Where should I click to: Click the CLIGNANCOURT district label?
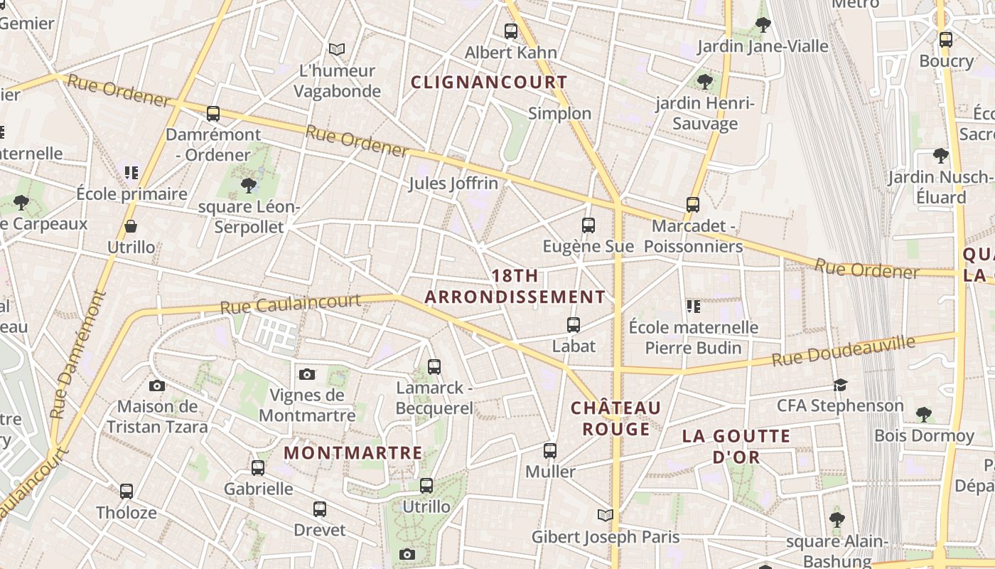[x=489, y=83]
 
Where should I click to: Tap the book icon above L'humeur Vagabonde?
[x=337, y=49]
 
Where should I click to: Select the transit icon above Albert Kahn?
[x=510, y=31]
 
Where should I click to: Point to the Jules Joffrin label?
[x=453, y=184]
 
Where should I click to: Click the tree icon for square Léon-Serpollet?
[x=248, y=186]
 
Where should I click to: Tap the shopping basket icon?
[x=131, y=226]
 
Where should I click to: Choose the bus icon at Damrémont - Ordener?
[x=213, y=113]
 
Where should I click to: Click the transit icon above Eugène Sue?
[x=588, y=225]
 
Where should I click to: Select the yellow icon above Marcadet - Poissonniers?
[x=693, y=205]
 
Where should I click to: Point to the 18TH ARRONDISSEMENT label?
[x=515, y=287]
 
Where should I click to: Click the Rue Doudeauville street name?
[x=844, y=352]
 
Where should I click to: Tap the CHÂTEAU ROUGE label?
[x=616, y=418]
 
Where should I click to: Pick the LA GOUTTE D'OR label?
[x=736, y=446]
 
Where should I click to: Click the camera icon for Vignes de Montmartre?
[x=307, y=374]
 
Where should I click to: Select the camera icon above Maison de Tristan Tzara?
[x=157, y=385]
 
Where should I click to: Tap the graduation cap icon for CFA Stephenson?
[x=840, y=385]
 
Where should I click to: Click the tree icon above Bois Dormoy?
[x=923, y=414]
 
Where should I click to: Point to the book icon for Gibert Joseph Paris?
[x=606, y=515]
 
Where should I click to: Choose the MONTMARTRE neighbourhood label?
[x=353, y=453]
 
